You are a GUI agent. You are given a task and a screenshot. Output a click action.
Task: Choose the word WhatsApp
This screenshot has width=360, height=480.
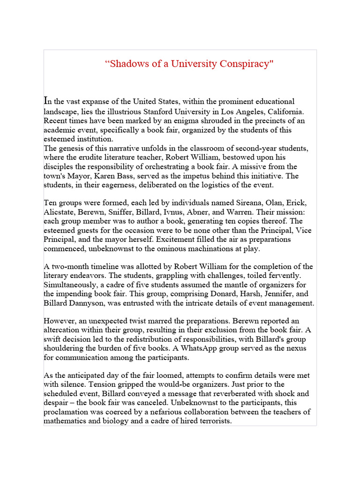click(x=197, y=349)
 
